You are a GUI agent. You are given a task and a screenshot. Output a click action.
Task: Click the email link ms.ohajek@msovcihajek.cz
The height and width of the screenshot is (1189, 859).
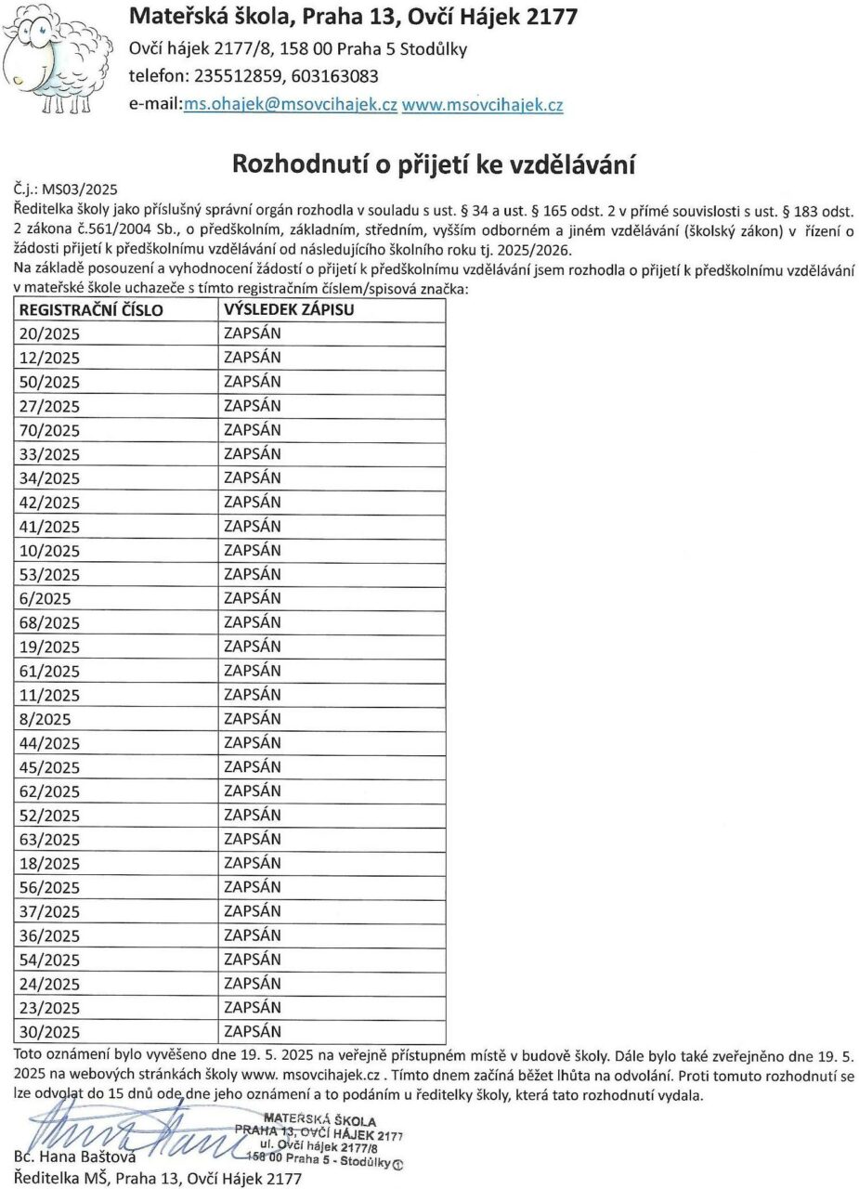291,105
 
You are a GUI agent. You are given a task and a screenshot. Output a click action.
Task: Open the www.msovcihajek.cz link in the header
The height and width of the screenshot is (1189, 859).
482,105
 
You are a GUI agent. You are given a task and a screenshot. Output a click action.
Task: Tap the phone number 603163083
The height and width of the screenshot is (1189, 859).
333,76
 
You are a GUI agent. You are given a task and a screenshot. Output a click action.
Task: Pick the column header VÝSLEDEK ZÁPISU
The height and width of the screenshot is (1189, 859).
289,310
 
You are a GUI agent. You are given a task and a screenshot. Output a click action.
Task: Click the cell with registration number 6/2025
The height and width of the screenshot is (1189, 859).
45,599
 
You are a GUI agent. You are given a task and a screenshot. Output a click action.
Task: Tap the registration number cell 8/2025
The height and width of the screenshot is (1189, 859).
45,719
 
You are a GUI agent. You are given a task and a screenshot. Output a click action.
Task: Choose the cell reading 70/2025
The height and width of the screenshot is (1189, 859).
50,430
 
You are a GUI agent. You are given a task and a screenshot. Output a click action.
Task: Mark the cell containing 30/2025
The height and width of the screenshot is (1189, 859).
50,1032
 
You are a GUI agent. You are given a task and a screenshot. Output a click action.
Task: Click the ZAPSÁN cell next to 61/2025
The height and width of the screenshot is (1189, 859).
253,670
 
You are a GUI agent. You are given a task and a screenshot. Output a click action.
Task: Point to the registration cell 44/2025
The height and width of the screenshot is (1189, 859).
50,743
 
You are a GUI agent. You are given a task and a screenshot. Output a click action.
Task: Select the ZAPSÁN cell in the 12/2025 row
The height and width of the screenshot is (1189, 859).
253,358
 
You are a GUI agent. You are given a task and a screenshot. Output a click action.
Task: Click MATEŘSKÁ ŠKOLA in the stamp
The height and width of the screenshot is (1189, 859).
307,1117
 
